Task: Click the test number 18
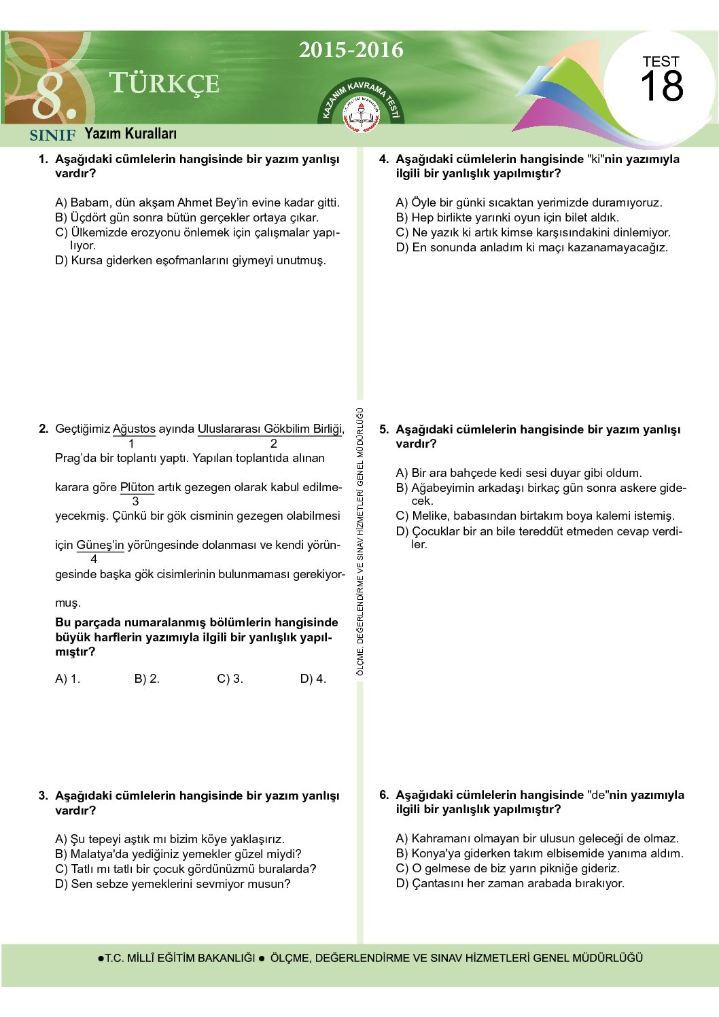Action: (661, 86)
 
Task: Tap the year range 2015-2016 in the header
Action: (351, 50)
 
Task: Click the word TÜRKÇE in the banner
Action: (164, 84)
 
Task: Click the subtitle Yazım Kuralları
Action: (130, 134)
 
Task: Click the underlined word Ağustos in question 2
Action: (134, 429)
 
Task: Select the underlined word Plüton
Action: (137, 487)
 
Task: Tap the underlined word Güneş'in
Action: (100, 545)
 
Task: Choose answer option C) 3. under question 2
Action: (230, 679)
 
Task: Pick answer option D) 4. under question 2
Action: (313, 679)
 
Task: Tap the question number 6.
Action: (384, 795)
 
